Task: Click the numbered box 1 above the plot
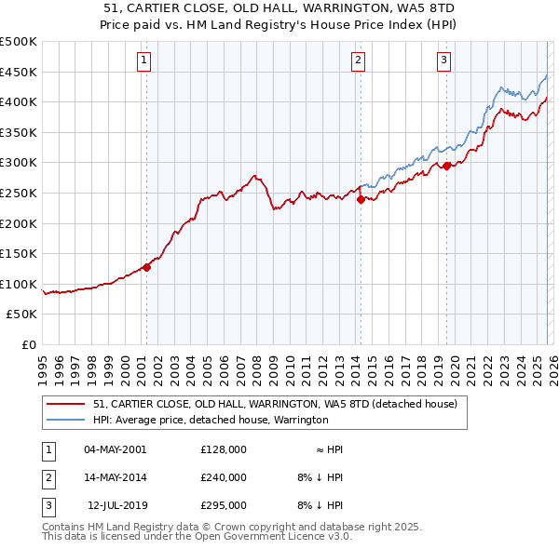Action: [x=145, y=61]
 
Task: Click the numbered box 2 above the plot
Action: [x=359, y=61]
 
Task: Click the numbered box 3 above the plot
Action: [x=444, y=61]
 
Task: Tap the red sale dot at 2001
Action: [x=146, y=267]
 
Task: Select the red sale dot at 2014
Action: [x=361, y=198]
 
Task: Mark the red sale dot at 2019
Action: [x=446, y=166]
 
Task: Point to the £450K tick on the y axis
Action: [x=20, y=72]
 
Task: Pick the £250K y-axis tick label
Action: [x=20, y=193]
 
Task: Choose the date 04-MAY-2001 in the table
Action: [x=115, y=449]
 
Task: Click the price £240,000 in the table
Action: [x=224, y=477]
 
